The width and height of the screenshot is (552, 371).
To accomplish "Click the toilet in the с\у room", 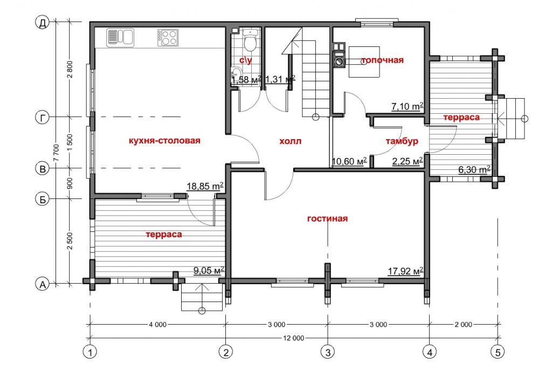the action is tap(251, 41).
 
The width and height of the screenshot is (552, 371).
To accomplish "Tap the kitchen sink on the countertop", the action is tap(120, 37).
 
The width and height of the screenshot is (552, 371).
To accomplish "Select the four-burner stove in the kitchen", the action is tap(168, 37).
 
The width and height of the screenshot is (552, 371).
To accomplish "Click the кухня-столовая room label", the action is tap(164, 141).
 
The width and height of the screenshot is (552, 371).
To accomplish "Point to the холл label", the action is tap(291, 141).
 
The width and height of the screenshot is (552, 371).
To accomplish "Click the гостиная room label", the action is tap(327, 218).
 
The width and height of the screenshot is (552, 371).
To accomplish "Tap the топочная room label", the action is tap(382, 60).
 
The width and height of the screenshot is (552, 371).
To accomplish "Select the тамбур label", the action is tap(402, 141).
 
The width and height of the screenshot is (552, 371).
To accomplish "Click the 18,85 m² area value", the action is tap(205, 186).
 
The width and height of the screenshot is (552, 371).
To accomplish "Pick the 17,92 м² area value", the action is tap(405, 271).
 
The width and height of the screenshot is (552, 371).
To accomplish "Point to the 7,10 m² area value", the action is tap(408, 106).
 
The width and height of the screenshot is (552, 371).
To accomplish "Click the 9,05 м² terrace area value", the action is tap(209, 270).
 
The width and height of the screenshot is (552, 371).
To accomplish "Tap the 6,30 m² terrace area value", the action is tap(474, 170).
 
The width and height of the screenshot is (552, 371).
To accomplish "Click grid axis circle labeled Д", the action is tap(43, 23).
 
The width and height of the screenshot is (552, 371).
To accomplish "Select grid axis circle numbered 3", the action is tap(328, 352).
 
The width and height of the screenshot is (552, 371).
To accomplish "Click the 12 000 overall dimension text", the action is tap(293, 338).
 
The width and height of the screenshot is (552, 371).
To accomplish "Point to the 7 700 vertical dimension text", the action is tap(56, 153).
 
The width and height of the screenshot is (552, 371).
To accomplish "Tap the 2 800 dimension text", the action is tap(70, 70).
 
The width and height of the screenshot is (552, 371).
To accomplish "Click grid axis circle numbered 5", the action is tap(498, 352).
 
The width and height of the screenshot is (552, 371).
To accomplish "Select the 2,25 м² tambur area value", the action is tap(408, 161).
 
